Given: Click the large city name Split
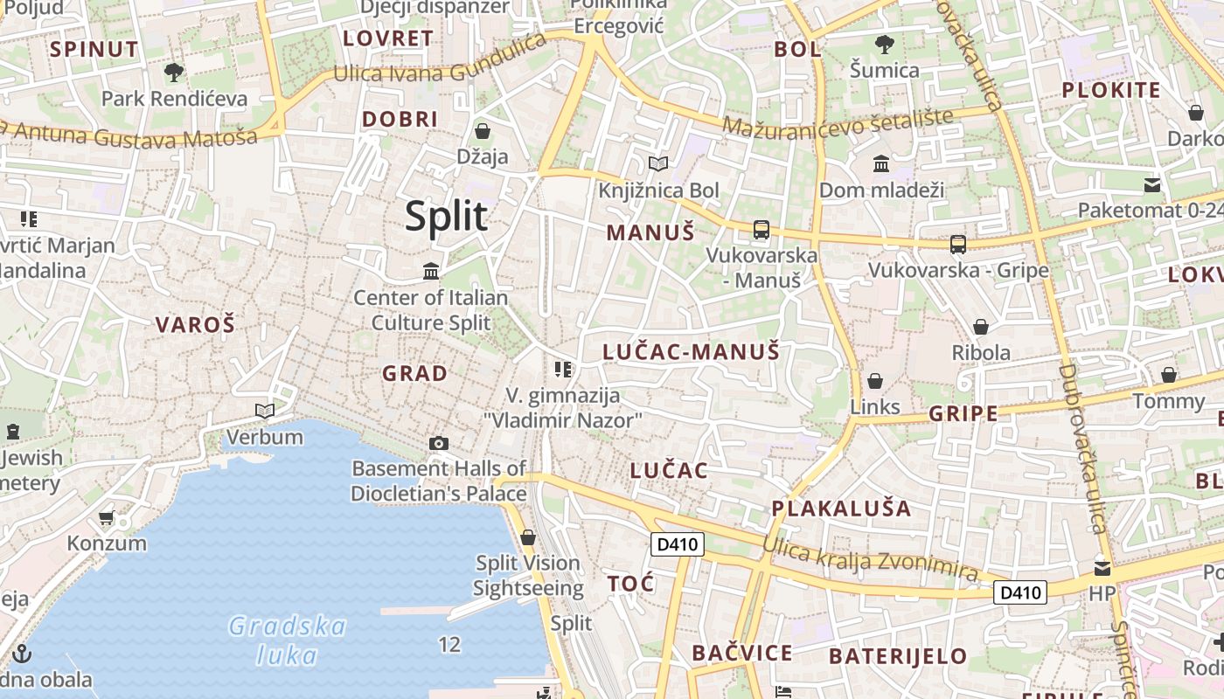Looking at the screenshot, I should coord(446,216).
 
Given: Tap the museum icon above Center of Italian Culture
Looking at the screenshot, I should coord(431,272).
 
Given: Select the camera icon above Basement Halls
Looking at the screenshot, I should coord(439,443).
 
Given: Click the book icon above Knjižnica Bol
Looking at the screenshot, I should coord(657,163).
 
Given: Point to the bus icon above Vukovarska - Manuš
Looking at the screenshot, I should coord(761,230).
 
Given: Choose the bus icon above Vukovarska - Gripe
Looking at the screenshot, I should coord(958,245).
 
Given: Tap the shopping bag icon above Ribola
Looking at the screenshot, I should coord(981,327).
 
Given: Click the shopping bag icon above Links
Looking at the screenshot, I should coord(874,381).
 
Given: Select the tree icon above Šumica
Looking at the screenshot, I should coord(885,44).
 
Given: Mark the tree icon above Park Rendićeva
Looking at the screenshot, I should coord(174,72).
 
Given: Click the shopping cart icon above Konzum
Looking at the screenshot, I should coord(107,517).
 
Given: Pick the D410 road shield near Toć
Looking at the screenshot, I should coord(678,544).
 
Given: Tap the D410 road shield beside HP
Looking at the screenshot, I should coord(1021,592).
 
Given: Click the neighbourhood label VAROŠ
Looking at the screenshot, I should coord(195,325).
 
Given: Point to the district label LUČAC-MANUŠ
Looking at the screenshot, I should coord(691,352).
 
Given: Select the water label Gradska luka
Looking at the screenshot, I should coord(287,640).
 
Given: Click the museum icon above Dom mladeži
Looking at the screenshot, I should coord(880,163).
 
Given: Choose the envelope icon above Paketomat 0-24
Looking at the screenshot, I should coord(1152,184).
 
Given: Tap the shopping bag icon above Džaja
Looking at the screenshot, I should coord(482,131).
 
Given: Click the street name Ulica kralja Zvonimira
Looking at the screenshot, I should coord(869,559).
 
